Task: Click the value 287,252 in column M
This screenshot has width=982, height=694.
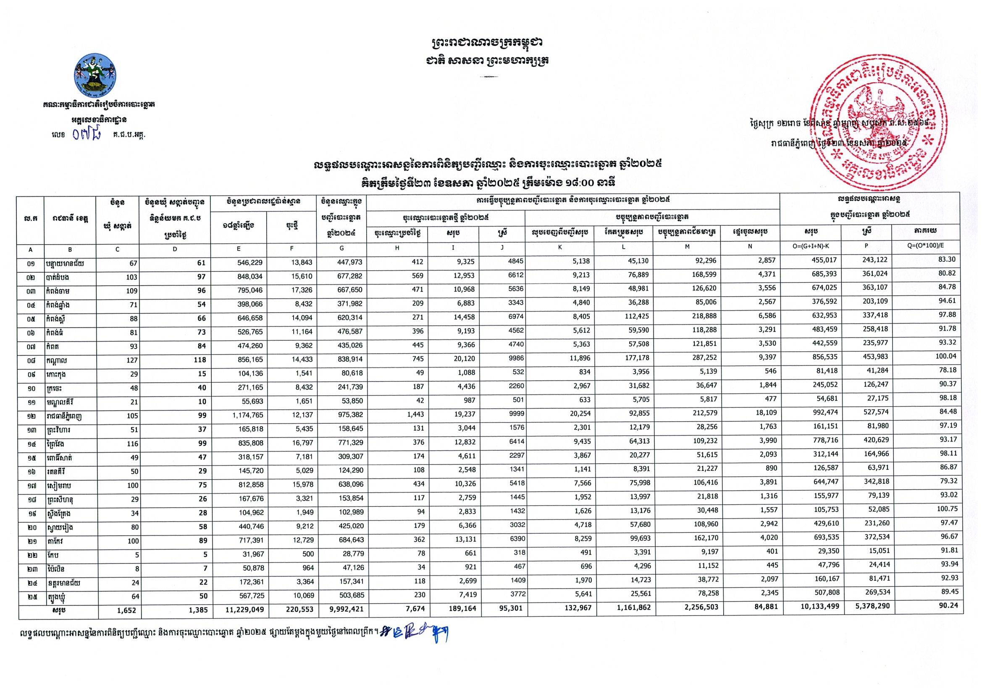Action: (704, 357)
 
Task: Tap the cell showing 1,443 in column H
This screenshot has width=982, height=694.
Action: (414, 415)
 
